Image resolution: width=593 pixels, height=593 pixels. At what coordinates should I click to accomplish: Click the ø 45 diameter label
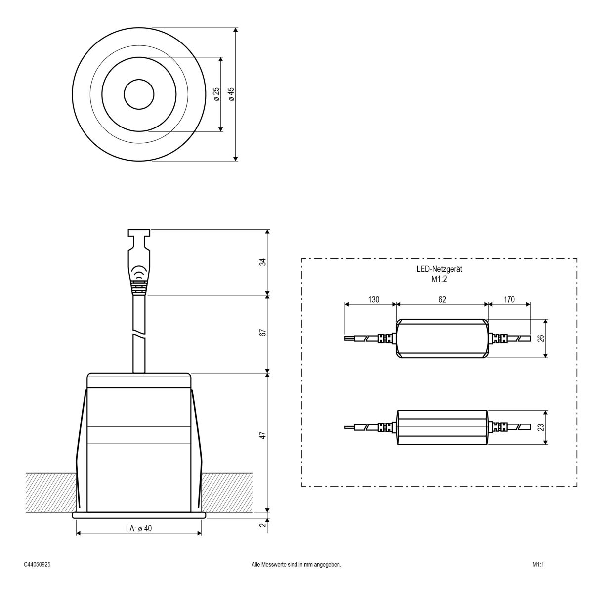[x=231, y=94]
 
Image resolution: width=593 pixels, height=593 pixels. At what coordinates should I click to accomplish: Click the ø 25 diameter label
[x=216, y=94]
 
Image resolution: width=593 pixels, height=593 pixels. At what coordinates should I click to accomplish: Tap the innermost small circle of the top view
[x=138, y=94]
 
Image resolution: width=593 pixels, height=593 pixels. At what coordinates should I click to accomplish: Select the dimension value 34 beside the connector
[x=263, y=262]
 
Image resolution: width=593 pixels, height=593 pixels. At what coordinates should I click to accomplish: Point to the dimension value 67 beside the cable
[x=263, y=332]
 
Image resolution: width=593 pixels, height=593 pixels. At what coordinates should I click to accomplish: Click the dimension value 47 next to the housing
[x=263, y=435]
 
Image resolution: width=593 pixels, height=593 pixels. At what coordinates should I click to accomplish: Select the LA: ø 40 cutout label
[x=139, y=528]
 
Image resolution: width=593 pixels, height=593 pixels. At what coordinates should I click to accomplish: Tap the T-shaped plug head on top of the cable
[x=138, y=234]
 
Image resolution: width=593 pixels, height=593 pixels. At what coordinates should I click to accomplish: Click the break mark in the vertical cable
[x=138, y=335]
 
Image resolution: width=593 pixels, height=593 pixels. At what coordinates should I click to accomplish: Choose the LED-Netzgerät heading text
[x=439, y=270]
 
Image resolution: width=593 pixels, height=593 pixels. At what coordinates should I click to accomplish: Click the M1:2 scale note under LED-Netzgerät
[x=439, y=279]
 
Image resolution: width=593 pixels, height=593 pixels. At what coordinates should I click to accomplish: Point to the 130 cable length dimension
[x=373, y=299]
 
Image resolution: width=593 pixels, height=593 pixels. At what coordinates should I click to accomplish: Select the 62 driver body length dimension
[x=442, y=299]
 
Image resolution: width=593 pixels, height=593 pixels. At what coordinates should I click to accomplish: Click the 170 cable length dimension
[x=509, y=299]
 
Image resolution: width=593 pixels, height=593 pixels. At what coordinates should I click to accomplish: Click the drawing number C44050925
[x=37, y=564]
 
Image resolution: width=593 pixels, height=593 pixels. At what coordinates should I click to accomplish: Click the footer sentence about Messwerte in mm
[x=296, y=564]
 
